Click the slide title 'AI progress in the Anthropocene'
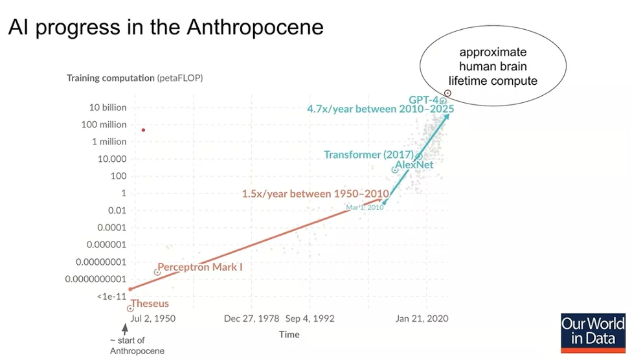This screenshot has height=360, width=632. tap(166, 27)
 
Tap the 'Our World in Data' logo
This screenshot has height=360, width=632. tap(593, 333)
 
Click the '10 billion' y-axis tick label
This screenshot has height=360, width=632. tap(107, 107)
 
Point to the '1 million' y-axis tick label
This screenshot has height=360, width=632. tap(109, 142)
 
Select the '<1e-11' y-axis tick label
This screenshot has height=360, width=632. tap(111, 297)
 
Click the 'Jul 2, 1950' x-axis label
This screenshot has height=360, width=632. tap(153, 319)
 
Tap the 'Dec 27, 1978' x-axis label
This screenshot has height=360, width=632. tap(251, 319)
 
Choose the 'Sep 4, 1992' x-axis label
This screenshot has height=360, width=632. tap(310, 319)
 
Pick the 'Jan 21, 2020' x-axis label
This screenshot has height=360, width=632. tap(422, 319)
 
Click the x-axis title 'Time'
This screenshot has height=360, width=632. tap(289, 334)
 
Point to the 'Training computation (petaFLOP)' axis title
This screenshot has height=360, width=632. tap(135, 78)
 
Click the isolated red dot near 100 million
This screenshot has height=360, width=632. tap(143, 130)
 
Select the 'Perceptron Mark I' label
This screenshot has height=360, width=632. tap(200, 267)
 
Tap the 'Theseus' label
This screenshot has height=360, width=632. tap(150, 303)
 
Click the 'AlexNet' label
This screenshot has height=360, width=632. tap(414, 164)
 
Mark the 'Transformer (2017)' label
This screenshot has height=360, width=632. tap(369, 154)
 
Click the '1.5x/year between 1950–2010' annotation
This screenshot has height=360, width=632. tap(315, 194)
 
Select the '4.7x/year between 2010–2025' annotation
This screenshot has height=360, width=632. tap(381, 109)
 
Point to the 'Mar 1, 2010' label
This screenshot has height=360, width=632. tap(365, 207)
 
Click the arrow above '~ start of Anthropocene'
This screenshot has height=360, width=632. tap(126, 329)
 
